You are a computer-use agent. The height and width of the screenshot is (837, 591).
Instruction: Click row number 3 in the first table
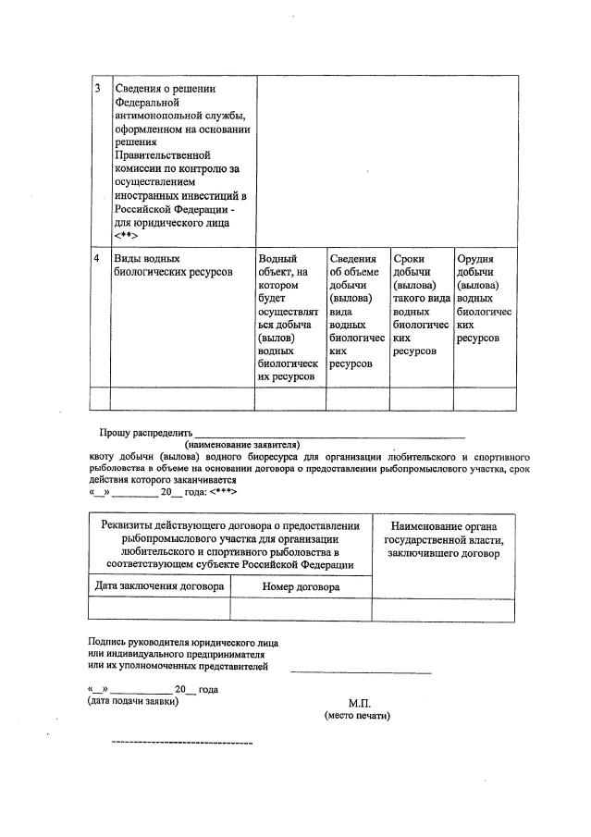[x=99, y=89]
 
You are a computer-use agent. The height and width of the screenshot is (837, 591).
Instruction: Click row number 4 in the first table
[x=99, y=259]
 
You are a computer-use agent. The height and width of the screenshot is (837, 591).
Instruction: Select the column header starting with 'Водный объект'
[x=289, y=317]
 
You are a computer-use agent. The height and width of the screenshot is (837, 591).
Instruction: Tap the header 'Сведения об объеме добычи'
[x=356, y=311]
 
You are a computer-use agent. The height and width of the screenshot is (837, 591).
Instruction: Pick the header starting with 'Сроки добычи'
[x=421, y=304]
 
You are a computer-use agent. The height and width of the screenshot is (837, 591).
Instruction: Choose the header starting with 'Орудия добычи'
[x=484, y=298]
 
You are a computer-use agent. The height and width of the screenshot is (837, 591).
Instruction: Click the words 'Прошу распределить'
[x=144, y=432]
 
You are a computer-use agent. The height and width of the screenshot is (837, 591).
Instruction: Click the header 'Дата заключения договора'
[x=158, y=586]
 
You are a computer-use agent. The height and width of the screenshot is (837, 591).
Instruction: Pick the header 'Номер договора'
[x=301, y=586]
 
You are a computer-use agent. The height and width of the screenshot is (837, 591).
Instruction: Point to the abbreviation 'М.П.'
[x=360, y=703]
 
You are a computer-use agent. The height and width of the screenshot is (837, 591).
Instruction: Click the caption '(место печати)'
[x=358, y=716]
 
